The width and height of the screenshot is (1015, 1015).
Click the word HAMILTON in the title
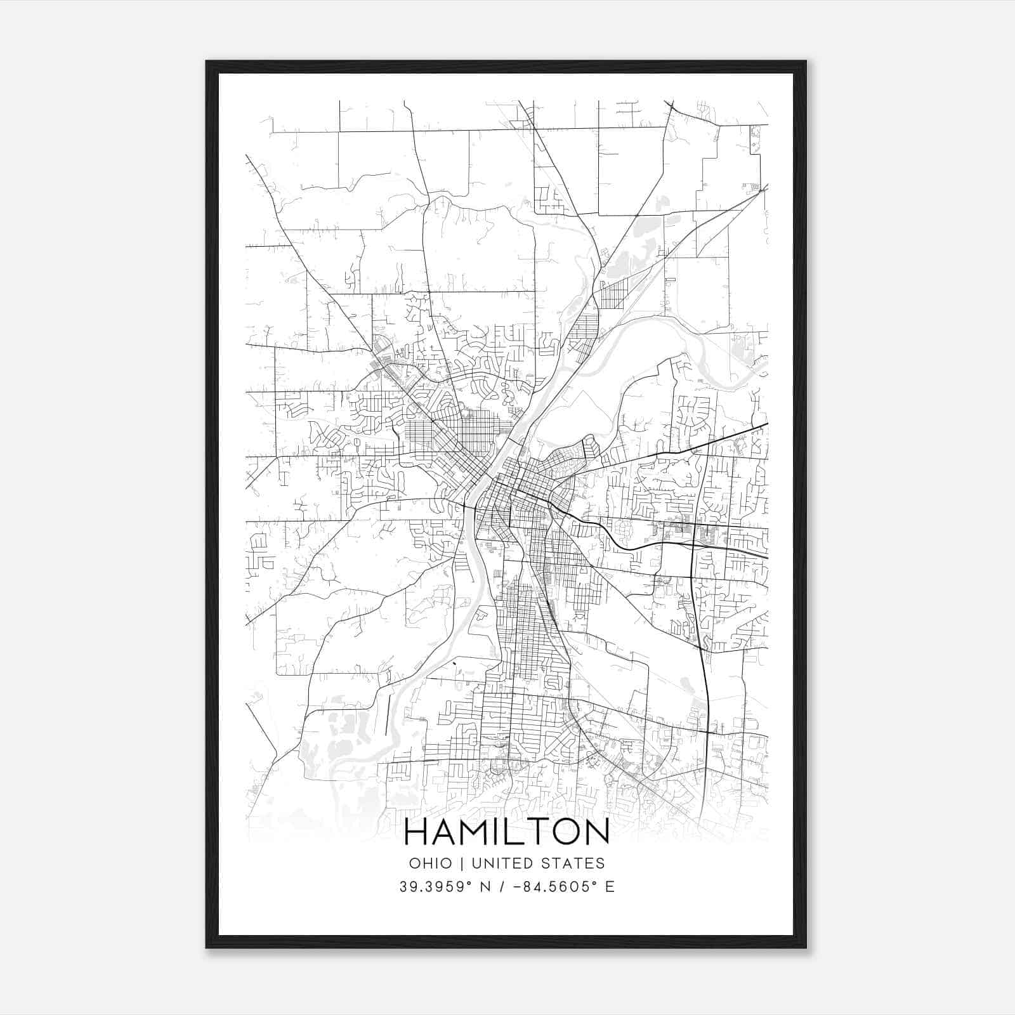(x=506, y=832)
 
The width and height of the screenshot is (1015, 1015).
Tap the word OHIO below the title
(x=430, y=863)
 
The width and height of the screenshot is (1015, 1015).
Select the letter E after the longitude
(x=610, y=887)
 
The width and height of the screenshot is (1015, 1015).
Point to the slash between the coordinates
(x=502, y=887)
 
